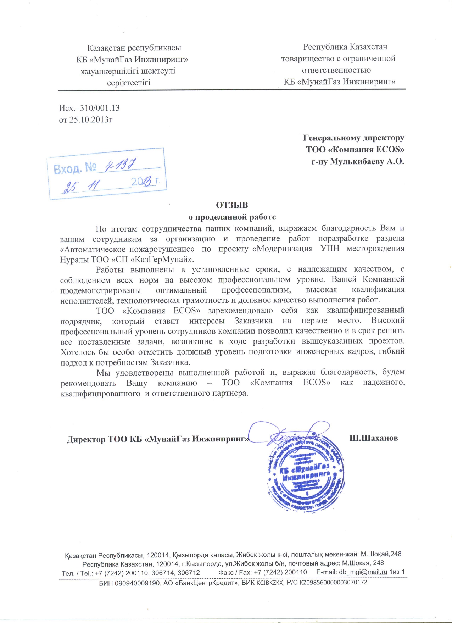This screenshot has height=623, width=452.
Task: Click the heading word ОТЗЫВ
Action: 232,205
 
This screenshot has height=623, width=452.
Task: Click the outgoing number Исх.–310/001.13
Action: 89,108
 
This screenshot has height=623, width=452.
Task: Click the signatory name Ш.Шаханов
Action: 374,438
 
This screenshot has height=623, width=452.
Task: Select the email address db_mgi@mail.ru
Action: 363,572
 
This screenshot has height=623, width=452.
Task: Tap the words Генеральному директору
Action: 353,138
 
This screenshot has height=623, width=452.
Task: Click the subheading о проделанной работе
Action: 232,217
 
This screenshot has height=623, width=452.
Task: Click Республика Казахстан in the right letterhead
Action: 345,47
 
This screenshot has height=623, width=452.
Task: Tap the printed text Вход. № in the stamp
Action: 75,168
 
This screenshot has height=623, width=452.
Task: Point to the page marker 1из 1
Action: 397,572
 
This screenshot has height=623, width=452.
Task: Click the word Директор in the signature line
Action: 86,439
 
